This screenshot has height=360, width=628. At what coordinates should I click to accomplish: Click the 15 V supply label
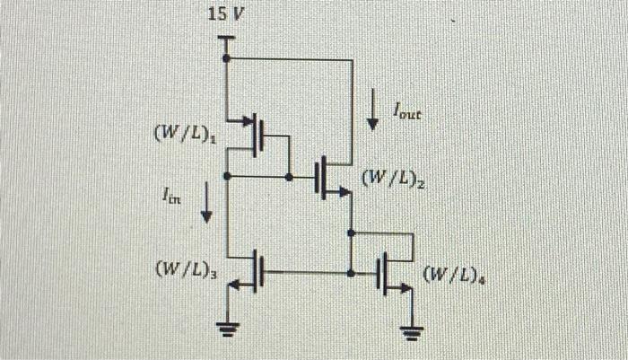click(x=224, y=15)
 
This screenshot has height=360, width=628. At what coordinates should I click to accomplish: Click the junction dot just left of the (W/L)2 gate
click(x=289, y=177)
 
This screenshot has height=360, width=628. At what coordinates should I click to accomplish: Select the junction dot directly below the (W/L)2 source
click(x=351, y=232)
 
